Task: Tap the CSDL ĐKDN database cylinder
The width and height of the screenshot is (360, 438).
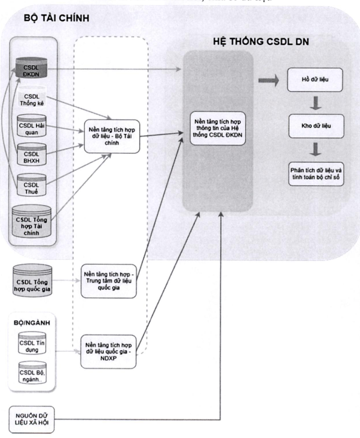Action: [x=32, y=71]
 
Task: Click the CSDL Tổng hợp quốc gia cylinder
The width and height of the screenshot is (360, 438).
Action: [x=33, y=279]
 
